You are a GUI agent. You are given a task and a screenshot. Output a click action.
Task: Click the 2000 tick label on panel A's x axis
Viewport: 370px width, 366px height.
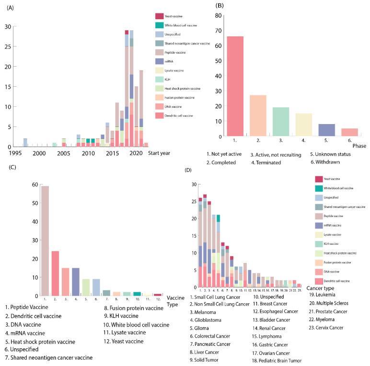coord(39,152)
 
